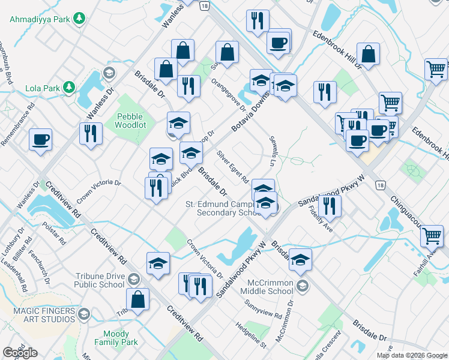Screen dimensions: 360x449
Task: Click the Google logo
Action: click(x=20, y=353)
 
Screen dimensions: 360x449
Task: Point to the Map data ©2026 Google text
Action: click(x=411, y=355)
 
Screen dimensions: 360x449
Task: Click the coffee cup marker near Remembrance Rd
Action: click(x=41, y=140)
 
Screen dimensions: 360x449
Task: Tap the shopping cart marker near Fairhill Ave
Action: click(x=432, y=236)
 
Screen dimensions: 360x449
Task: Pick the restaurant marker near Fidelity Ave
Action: click(x=330, y=205)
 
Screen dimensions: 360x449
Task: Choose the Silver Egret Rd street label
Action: click(x=233, y=166)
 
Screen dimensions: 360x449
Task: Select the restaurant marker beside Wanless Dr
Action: click(x=91, y=133)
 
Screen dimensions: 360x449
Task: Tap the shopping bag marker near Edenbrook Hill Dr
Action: click(x=368, y=53)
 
